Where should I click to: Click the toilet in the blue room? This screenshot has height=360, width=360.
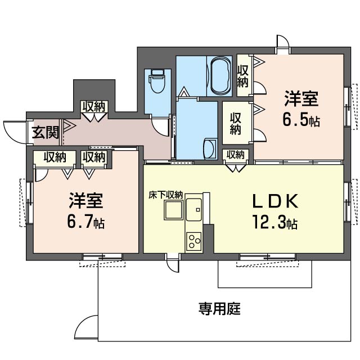157,81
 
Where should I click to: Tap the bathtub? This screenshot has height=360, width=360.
220,75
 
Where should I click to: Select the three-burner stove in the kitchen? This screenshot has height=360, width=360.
194,241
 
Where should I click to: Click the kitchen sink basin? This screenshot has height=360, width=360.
194,209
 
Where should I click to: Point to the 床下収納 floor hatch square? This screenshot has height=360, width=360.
174,210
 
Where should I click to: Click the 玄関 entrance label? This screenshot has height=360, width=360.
46,133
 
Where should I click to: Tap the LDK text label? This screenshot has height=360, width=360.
275,201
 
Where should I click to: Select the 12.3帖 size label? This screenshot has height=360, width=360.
275,222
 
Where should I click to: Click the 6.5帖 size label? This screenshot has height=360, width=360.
301,120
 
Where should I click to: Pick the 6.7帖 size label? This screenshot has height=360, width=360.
86,222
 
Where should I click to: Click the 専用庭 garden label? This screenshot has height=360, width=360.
219,309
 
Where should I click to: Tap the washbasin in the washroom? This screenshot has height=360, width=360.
210,148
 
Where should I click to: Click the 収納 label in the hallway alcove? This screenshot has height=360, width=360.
94,107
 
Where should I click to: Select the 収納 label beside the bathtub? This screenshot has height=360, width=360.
243,76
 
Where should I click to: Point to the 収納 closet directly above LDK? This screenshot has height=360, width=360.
236,155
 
